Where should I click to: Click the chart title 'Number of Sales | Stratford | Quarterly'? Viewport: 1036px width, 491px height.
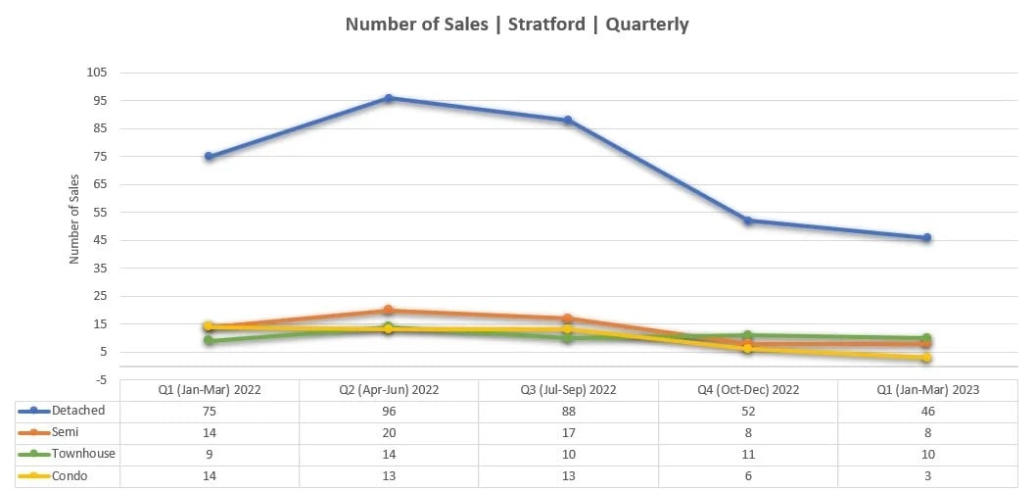tap(517, 25)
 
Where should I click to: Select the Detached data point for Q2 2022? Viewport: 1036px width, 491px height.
tap(389, 98)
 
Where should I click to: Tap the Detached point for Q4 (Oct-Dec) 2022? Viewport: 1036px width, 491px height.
tap(747, 221)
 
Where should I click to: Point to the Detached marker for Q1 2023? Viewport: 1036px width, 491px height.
tap(926, 237)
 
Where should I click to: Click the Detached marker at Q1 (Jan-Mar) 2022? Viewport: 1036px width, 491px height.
tap(209, 156)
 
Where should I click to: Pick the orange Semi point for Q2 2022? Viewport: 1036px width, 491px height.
tap(389, 310)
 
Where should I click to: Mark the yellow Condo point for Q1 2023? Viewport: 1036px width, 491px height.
tap(926, 358)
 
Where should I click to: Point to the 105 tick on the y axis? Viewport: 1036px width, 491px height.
tap(96, 73)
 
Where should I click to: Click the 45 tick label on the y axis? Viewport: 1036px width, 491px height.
tap(99, 240)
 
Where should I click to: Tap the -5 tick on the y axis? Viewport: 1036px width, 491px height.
tap(101, 379)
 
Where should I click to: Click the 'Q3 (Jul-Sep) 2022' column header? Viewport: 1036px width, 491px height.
tap(568, 390)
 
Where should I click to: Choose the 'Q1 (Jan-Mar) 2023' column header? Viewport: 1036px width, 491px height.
tap(926, 390)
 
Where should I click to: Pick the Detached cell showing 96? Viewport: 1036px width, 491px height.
tap(389, 412)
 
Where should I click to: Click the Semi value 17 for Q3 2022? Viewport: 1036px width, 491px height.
tap(568, 433)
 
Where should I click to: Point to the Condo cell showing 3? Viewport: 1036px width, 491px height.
tap(926, 476)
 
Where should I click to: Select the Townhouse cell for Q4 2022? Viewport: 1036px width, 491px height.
tap(747, 455)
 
